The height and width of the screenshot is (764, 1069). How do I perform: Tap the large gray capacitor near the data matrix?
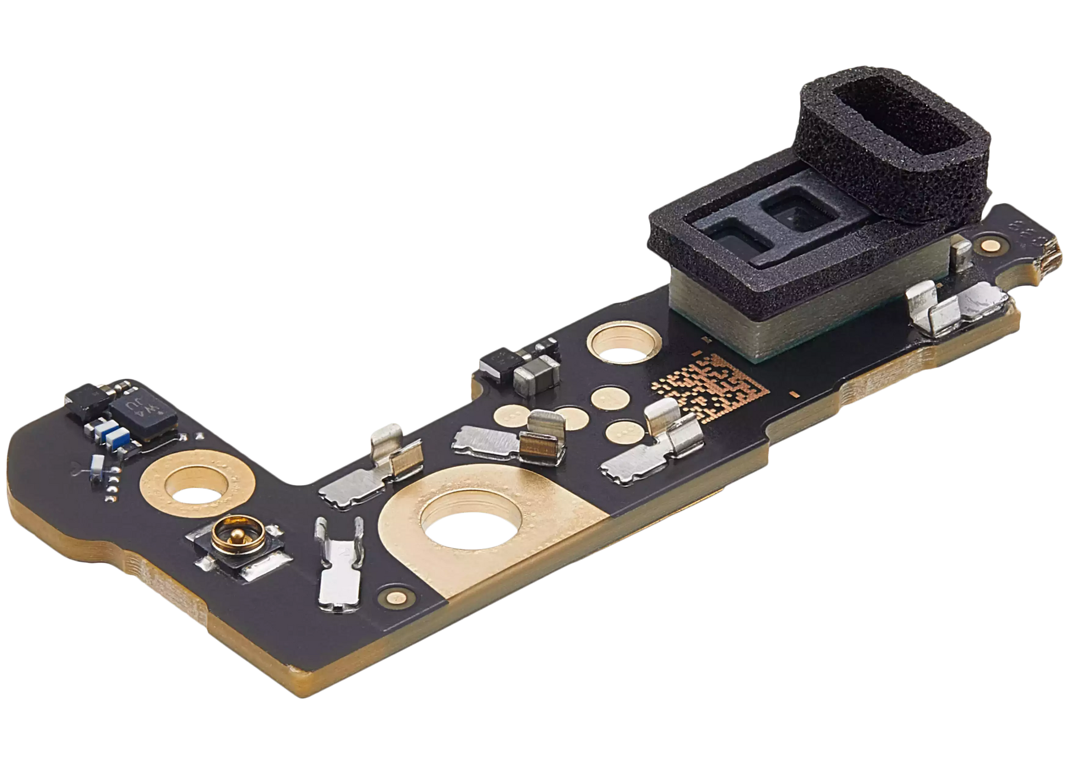536,371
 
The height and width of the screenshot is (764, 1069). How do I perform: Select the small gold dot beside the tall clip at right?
988,245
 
